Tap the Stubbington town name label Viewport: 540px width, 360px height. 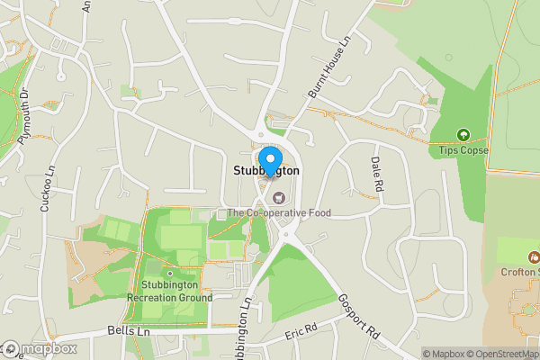click(x=267, y=170)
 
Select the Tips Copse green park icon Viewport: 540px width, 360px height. click(x=463, y=135)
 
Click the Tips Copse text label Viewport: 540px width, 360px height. click(x=463, y=150)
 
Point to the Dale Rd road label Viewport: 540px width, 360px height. click(x=377, y=174)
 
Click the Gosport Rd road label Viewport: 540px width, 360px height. click(x=360, y=315)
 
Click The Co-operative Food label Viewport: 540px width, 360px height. click(x=279, y=213)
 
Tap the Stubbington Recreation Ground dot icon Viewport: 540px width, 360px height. click(x=169, y=274)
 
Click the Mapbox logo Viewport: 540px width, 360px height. click(x=39, y=348)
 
